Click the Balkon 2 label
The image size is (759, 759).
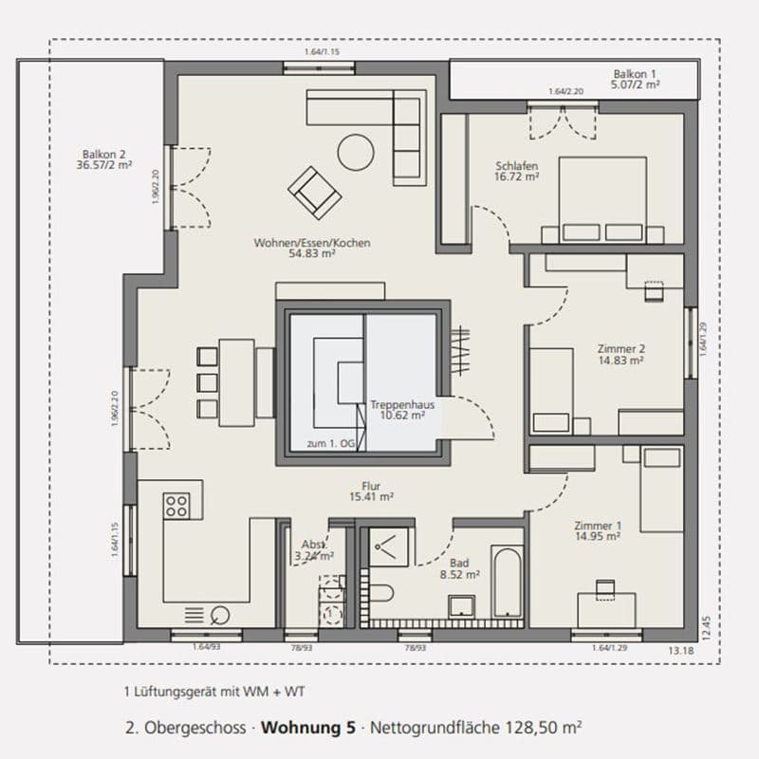104,157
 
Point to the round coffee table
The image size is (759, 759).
358,151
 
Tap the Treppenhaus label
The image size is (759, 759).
402,409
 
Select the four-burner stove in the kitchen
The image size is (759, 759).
177,506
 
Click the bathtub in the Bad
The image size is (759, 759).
507,582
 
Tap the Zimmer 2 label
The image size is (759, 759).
621,348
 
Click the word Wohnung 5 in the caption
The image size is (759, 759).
307,729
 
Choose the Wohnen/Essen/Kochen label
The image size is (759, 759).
311,243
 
